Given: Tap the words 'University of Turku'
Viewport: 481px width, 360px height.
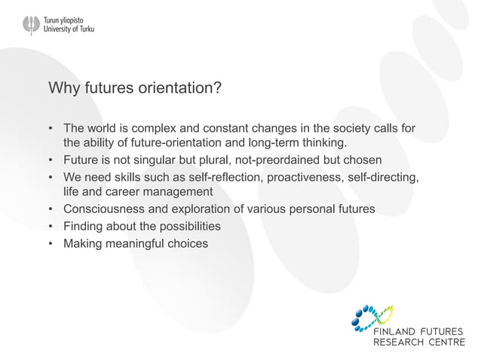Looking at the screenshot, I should (x=70, y=29).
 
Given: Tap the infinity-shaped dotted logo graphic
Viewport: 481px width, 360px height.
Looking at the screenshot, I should (x=374, y=317).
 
